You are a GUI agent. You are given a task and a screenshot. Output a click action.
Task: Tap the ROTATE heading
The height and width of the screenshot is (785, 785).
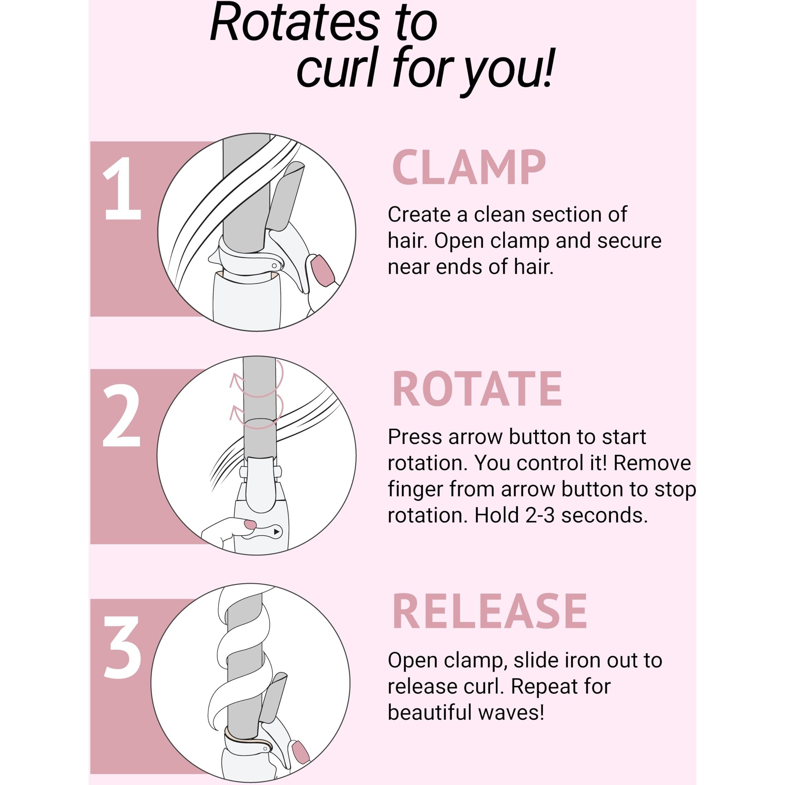pos(477,389)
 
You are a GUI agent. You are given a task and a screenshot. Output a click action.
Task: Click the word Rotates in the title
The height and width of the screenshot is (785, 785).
pos(295,22)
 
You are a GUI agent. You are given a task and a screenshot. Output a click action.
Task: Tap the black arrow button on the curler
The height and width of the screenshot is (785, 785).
pos(277,532)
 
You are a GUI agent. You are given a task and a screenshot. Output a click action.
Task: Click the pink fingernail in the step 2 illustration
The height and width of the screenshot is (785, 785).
pos(249,524)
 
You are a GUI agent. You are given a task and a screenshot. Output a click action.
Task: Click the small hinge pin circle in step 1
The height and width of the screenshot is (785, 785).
pos(274,266)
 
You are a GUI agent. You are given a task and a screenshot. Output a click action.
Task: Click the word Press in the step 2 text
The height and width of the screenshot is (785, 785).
pos(415,437)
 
